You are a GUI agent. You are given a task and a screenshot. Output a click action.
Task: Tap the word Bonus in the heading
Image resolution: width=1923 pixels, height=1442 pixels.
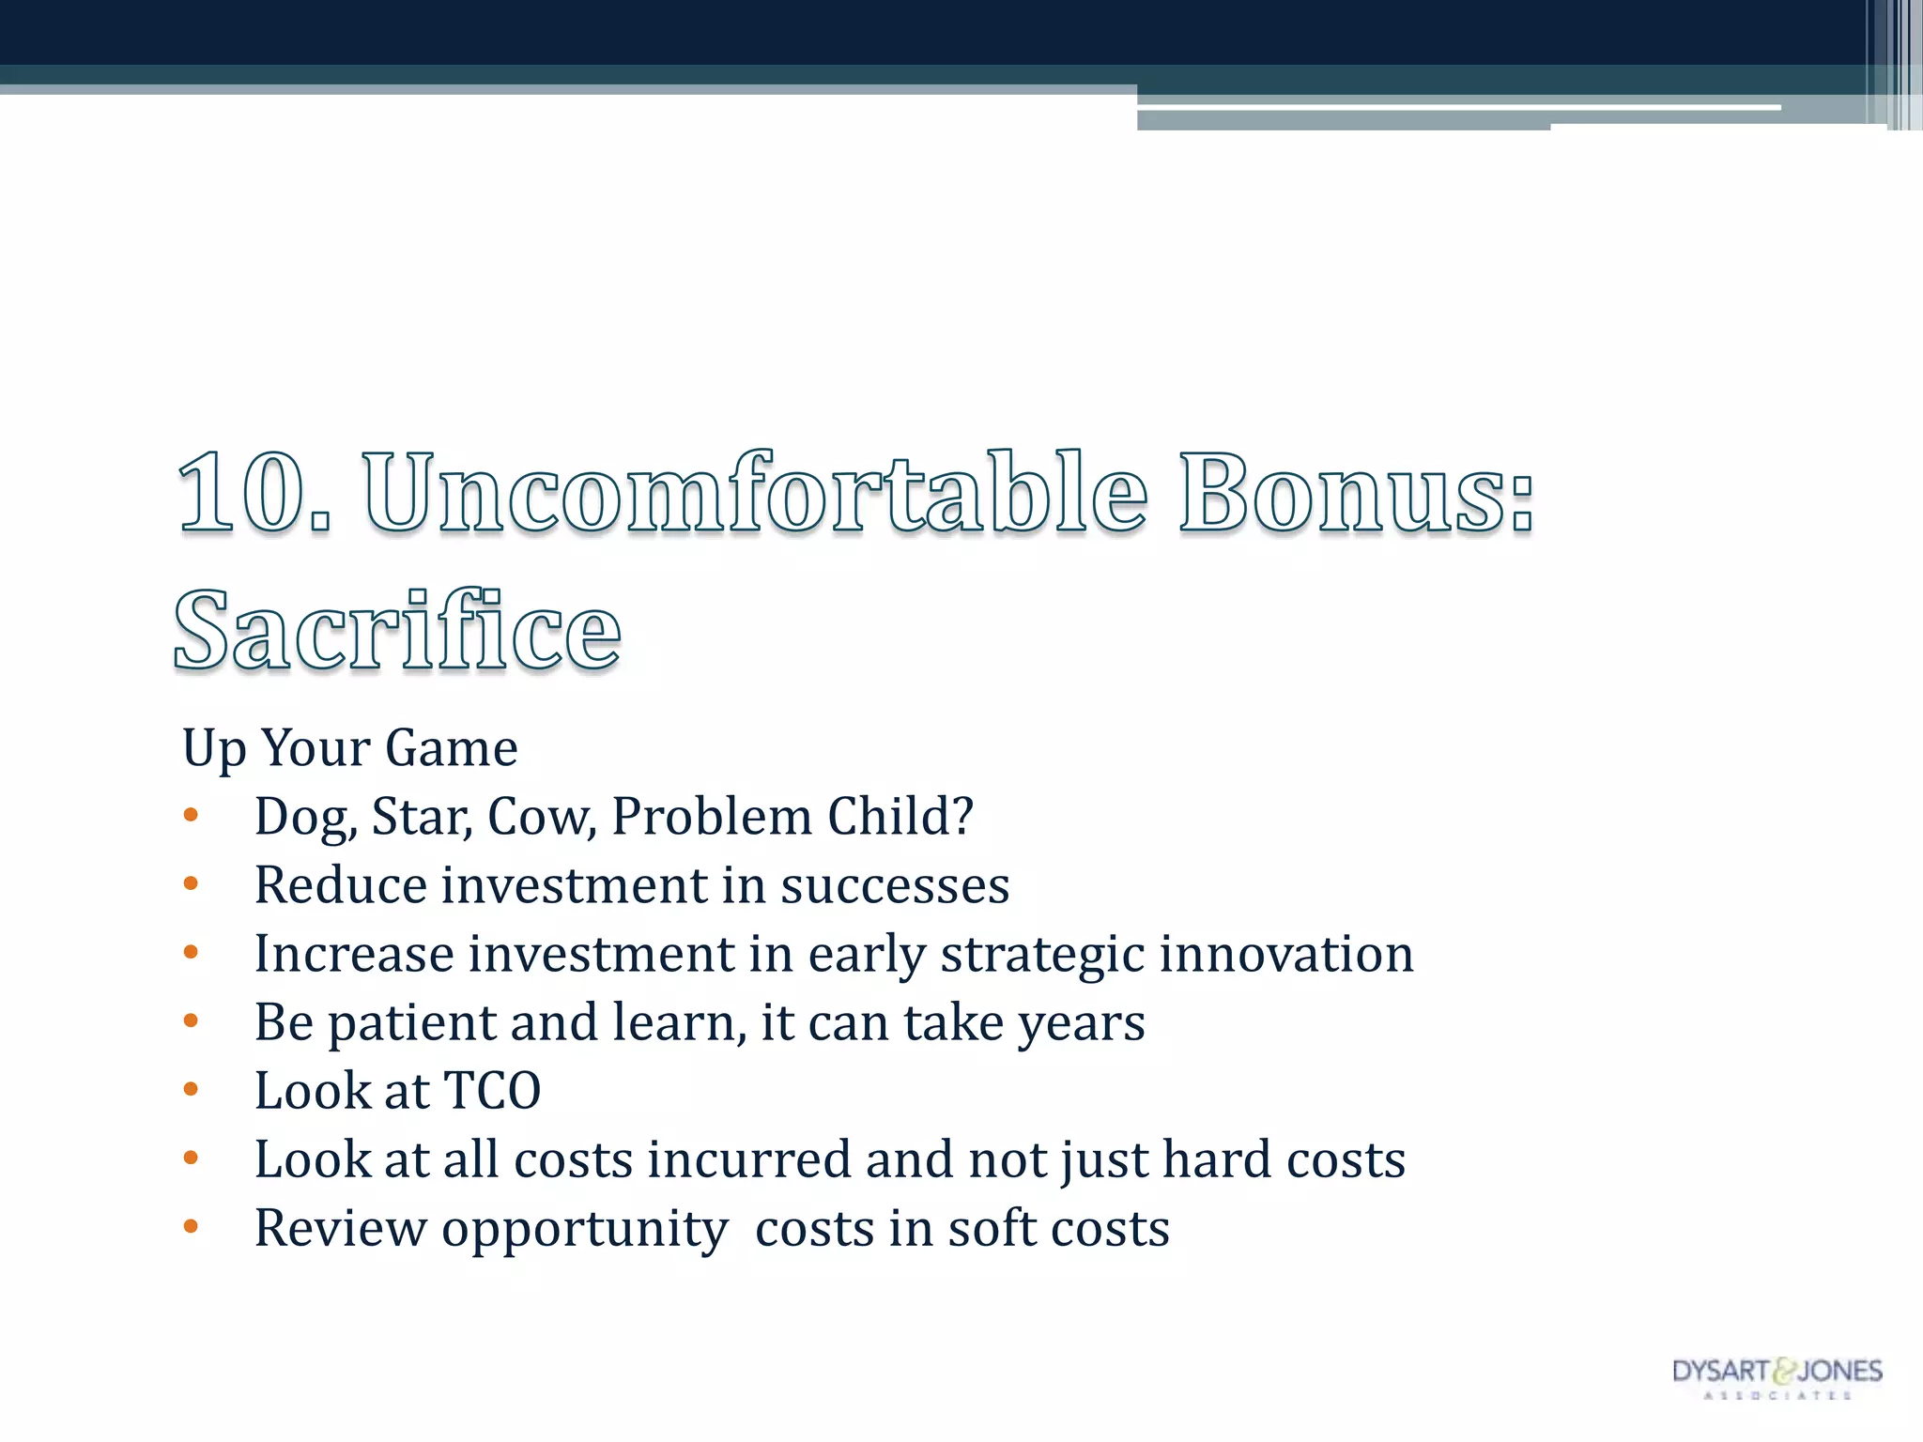click(1343, 492)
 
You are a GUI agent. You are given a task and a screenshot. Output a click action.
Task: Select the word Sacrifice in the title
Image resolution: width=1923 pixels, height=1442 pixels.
click(397, 630)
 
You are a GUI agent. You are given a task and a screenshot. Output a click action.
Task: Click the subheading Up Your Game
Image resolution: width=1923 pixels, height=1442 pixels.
click(349, 748)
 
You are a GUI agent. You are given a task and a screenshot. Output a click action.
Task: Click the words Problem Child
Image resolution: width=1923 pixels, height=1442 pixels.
click(792, 817)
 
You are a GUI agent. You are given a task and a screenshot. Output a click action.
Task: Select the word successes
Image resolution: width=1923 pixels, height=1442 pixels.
click(894, 885)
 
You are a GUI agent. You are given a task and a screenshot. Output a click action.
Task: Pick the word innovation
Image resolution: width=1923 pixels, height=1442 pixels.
click(1285, 954)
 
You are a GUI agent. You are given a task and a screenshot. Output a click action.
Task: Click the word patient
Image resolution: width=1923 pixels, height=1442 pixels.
click(410, 1023)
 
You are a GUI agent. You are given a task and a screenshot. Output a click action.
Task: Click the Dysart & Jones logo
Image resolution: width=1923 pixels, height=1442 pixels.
click(1777, 1376)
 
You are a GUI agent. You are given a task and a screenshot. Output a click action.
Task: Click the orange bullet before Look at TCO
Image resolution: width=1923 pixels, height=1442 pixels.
click(191, 1090)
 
